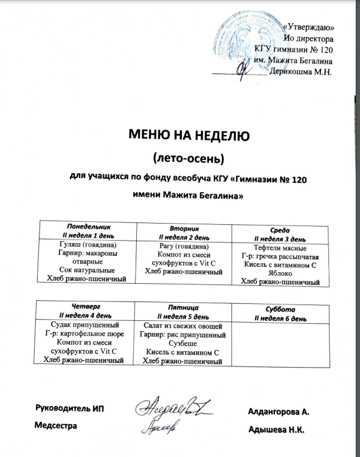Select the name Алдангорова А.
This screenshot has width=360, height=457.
pyautogui.click(x=279, y=412)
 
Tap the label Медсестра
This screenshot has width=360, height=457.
pyautogui.click(x=57, y=427)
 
